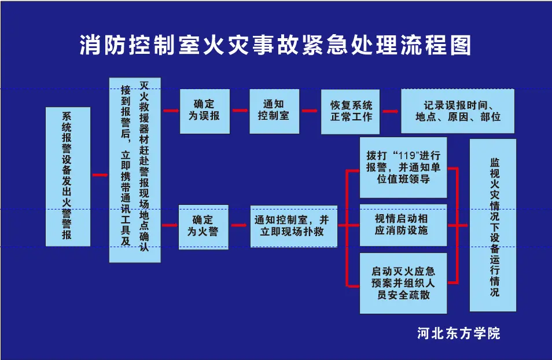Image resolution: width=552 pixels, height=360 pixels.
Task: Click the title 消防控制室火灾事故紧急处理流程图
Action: click(275, 45)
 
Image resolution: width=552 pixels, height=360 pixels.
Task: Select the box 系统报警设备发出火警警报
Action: click(68, 177)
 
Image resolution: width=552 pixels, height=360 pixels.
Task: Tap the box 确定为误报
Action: click(204, 111)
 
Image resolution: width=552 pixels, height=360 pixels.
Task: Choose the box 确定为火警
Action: click(204, 227)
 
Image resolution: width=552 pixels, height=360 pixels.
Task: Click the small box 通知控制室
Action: click(274, 111)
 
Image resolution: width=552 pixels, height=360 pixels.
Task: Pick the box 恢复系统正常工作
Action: click(350, 112)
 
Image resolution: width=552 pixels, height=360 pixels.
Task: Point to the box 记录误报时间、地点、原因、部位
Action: click(458, 111)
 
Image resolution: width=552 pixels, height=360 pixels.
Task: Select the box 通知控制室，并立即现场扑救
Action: click(294, 226)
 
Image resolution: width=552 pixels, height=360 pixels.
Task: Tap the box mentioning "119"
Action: click(403, 167)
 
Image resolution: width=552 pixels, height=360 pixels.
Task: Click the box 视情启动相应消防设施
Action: click(403, 225)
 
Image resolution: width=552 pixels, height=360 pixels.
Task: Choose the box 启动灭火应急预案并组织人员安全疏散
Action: click(403, 283)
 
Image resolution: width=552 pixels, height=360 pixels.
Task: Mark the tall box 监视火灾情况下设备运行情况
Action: click(493, 225)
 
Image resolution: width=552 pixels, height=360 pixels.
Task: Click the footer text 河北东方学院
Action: click(459, 333)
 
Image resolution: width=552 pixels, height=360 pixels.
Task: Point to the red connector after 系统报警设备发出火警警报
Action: click(100, 175)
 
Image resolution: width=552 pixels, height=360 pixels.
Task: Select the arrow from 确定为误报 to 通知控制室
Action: click(240, 111)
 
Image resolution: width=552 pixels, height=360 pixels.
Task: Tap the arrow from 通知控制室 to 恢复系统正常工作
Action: click(310, 111)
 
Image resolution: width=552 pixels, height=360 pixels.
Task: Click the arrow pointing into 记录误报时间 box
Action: click(391, 111)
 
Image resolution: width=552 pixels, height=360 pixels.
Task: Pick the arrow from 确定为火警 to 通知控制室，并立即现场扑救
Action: click(239, 225)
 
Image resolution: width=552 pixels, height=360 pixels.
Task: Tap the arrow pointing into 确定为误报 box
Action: click(171, 111)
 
